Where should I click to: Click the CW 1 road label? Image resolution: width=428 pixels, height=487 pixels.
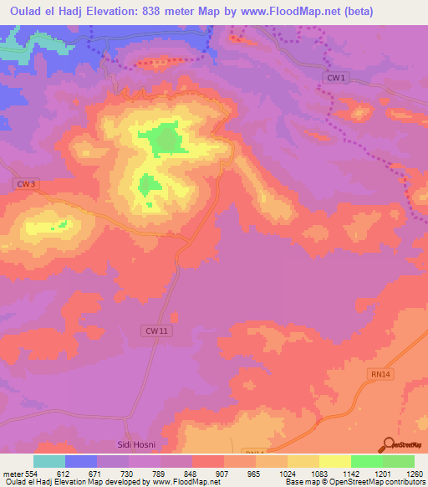(x=335, y=78)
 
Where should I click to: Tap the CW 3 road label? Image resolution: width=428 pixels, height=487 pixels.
(x=26, y=183)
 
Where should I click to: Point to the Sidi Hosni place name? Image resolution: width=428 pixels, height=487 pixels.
(x=135, y=443)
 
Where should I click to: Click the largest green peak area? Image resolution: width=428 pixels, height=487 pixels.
(x=163, y=140)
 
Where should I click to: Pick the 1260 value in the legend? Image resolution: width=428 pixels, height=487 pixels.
(x=413, y=473)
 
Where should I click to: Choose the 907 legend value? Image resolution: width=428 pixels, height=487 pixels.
(x=223, y=473)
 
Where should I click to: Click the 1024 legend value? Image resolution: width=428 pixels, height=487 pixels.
(x=287, y=473)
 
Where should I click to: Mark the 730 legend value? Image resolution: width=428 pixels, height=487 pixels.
(x=128, y=473)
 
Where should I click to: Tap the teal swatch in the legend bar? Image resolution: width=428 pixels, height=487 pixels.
(x=49, y=461)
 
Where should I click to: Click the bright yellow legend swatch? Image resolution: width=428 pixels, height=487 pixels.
(x=334, y=461)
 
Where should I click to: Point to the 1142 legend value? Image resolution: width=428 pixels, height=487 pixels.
(x=350, y=473)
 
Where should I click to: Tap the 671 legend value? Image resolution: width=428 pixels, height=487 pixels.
(x=96, y=473)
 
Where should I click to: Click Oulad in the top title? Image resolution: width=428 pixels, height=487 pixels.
(x=22, y=12)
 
